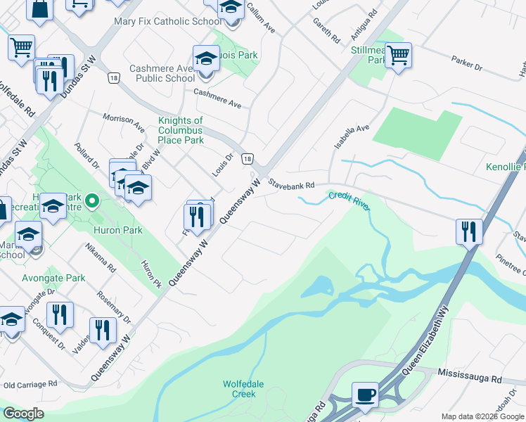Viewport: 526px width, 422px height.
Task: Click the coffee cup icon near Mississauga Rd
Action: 365,395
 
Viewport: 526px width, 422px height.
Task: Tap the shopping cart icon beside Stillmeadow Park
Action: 399,55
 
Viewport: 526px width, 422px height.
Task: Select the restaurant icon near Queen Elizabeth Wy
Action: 468,231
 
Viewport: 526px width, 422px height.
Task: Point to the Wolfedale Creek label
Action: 244,389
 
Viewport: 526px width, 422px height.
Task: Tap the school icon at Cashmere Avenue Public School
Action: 207,58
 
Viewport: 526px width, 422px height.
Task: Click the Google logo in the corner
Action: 23,414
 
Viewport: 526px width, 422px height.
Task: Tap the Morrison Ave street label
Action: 124,120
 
